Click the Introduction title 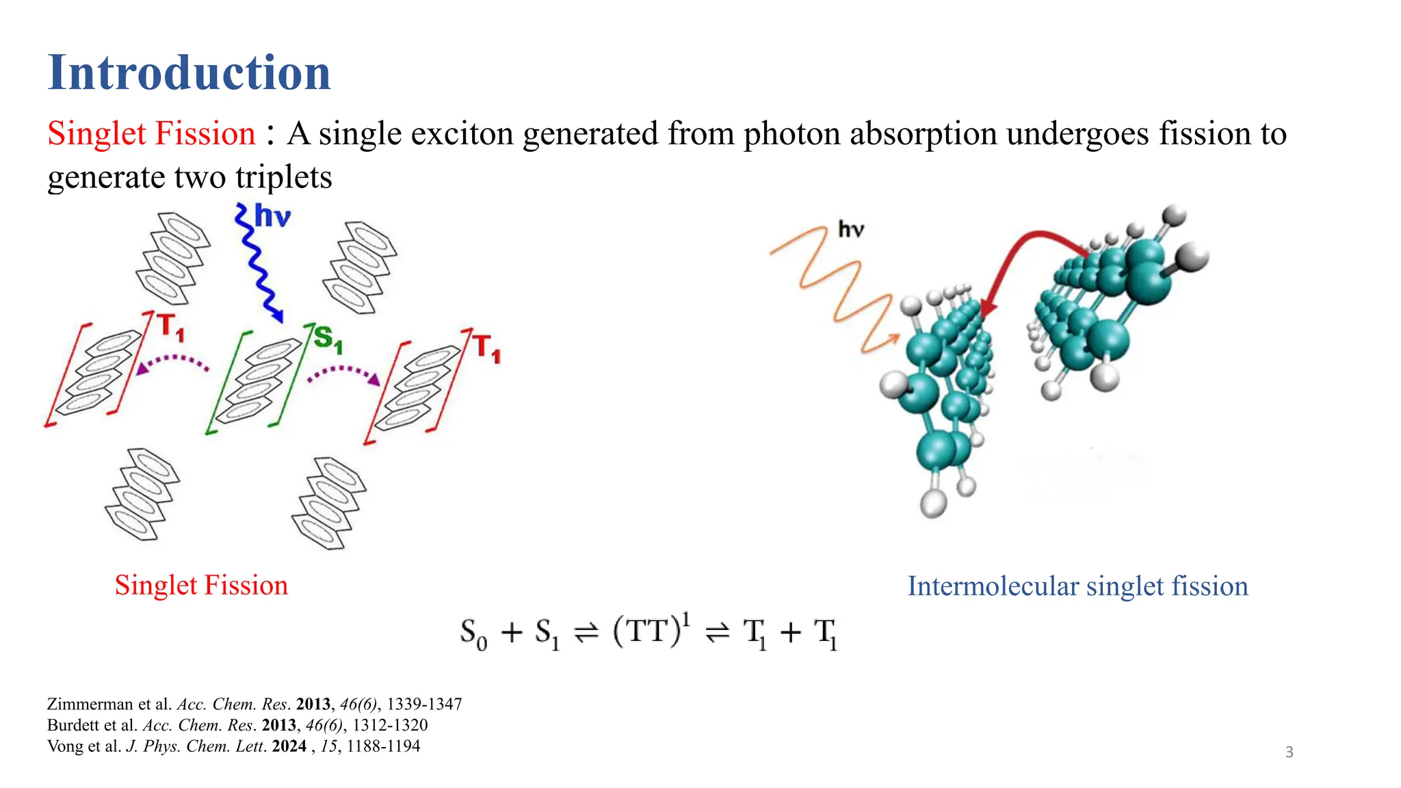pyautogui.click(x=189, y=73)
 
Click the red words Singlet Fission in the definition pyautogui.click(x=151, y=133)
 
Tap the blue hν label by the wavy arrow pyautogui.click(x=272, y=216)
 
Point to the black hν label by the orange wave pyautogui.click(x=851, y=229)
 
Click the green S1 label pyautogui.click(x=327, y=339)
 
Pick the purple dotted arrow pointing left pyautogui.click(x=172, y=363)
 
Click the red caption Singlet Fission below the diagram pyautogui.click(x=201, y=586)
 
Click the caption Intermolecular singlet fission pyautogui.click(x=1077, y=586)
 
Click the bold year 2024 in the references pyautogui.click(x=289, y=746)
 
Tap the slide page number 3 pyautogui.click(x=1289, y=752)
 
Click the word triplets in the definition pyautogui.click(x=283, y=177)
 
